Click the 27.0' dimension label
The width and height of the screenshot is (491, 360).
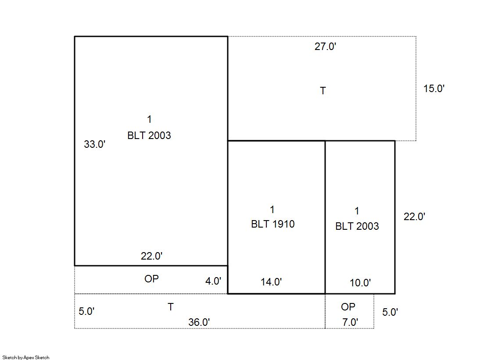[x=325, y=46]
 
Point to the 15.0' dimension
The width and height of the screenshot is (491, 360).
[x=434, y=89]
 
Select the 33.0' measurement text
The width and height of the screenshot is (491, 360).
[x=95, y=144]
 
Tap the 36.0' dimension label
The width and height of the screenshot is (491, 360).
[x=199, y=322]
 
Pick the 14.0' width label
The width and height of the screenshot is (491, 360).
[x=271, y=282]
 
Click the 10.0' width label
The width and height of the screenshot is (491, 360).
[x=360, y=283]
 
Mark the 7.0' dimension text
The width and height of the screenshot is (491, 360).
[x=350, y=322]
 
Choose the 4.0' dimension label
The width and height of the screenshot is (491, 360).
[x=213, y=281]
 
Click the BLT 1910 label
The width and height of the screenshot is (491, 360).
[x=273, y=224]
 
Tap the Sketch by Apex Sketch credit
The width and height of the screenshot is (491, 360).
[x=26, y=357]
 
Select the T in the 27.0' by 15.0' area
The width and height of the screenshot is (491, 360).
[x=323, y=91]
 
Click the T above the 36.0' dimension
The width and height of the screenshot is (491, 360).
[x=170, y=307]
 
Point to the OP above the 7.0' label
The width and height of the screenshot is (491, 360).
[x=348, y=307]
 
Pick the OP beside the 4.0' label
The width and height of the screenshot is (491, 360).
[x=151, y=278]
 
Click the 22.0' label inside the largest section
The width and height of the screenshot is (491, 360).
[x=151, y=256]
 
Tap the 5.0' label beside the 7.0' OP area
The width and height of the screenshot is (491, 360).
[x=390, y=312]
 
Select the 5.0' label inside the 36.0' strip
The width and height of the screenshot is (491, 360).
[x=86, y=311]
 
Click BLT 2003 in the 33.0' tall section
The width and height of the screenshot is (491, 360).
[x=149, y=135]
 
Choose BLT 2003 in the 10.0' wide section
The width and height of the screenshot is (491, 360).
[x=357, y=226]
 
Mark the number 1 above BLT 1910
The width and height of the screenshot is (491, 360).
[x=272, y=210]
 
